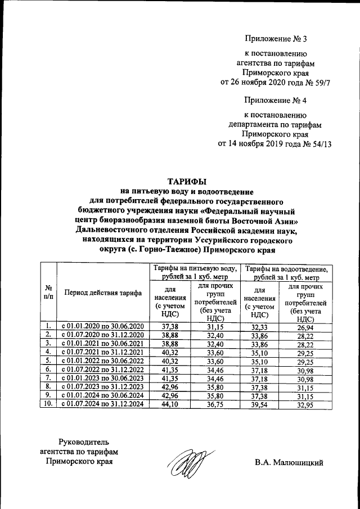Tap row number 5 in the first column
[x=49, y=361]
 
